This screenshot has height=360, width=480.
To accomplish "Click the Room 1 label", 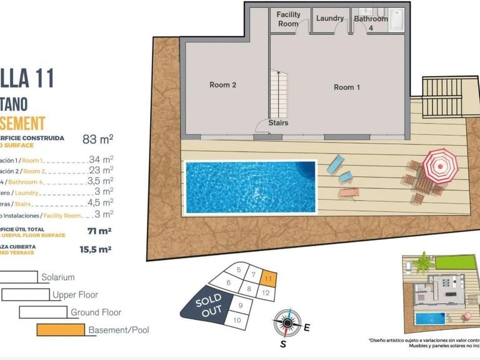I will (x=347, y=87).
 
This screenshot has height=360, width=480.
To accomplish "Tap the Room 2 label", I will (x=222, y=85).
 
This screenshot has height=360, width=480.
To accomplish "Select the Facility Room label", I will (x=288, y=19).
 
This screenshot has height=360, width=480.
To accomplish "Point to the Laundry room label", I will (x=329, y=19).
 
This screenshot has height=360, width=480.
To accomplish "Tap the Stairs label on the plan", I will (x=278, y=123).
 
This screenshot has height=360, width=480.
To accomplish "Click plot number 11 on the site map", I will (x=267, y=278).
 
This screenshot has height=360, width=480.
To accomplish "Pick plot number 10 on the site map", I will (x=237, y=320).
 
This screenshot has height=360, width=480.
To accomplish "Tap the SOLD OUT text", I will (x=207, y=305).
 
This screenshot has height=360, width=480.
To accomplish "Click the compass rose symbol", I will (x=287, y=323).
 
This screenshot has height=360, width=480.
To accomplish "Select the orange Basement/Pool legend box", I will (x=61, y=329).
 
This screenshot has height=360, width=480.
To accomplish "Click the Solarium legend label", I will (x=58, y=277).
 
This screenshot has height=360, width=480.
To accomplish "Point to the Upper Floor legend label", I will (x=75, y=294).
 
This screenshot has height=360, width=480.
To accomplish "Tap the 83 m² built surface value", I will (x=97, y=139).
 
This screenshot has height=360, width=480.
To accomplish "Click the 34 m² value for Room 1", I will (x=101, y=159).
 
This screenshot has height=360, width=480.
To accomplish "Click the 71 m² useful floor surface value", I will (x=99, y=231).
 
